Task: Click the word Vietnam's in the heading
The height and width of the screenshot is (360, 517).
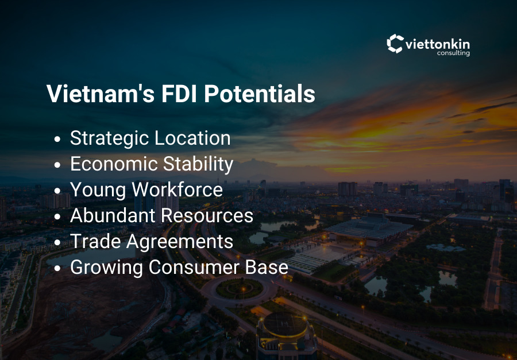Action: click(x=99, y=94)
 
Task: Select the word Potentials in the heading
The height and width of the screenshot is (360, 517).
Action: click(x=260, y=94)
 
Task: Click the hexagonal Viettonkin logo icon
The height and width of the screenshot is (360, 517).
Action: click(x=395, y=44)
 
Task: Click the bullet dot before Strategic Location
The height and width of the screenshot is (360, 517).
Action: click(x=57, y=140)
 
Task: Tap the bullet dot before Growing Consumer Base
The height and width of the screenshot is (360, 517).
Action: click(x=57, y=269)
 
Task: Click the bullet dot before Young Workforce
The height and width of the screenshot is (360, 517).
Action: click(x=57, y=191)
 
